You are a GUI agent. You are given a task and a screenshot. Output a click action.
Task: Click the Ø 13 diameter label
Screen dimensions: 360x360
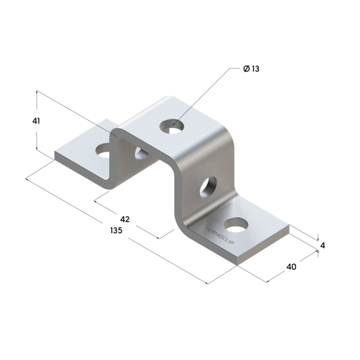pos(251,69)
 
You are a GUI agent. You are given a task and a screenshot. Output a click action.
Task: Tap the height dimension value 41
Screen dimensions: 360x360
pos(36,121)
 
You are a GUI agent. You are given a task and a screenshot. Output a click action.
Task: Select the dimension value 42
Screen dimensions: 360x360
pos(125,219)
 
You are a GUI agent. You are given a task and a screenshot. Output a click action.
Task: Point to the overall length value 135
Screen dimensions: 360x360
pos(116,230)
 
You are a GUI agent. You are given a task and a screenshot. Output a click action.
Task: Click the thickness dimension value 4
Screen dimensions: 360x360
pos(322,246)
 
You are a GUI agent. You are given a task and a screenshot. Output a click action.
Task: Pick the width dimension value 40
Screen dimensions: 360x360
pos(291,266)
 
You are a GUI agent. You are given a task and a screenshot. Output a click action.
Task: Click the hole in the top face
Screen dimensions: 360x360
pos(172,126)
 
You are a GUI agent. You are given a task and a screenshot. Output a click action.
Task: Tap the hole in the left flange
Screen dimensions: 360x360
pos(103,151)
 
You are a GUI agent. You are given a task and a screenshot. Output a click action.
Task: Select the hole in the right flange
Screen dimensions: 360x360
pos(236,225)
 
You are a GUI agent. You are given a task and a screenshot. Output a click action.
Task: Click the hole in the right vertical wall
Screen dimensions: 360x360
pos(208,187)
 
